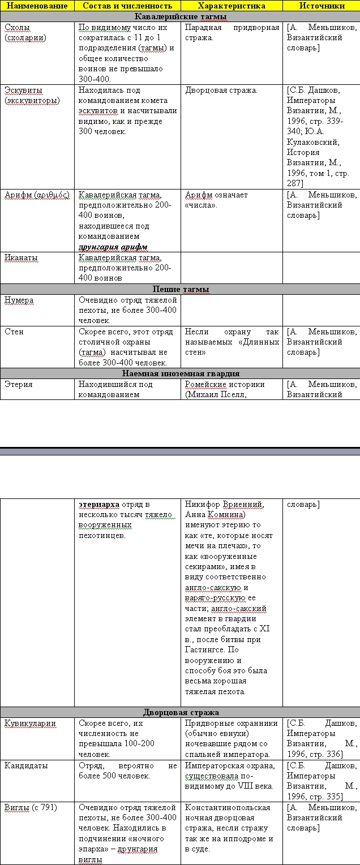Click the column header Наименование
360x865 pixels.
coord(37,6)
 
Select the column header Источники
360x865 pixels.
coord(321,6)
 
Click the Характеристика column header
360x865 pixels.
coord(232,6)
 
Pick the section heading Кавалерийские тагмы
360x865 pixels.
coord(180,16)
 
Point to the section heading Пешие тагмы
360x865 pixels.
coord(180,289)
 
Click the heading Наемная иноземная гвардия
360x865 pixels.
coord(180,373)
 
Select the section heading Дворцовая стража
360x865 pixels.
coord(180,712)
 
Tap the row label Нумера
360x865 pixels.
coord(19,300)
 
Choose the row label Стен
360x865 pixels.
coord(14,332)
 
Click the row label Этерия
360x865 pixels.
coord(18,384)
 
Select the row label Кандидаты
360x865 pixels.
coord(26,765)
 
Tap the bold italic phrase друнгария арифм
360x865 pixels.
coord(113,247)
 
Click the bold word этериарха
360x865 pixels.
coord(98,504)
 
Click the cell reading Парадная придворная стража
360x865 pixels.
coord(232,32)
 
